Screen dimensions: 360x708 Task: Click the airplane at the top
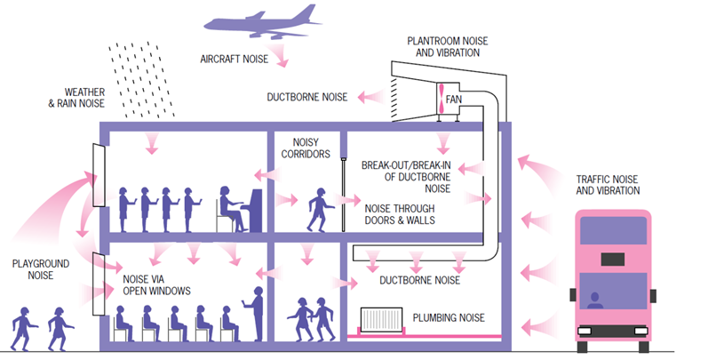click(x=266, y=24)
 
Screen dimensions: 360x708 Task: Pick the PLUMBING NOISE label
click(x=450, y=317)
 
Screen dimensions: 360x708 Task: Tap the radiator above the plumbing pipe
click(x=382, y=317)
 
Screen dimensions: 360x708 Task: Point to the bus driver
click(x=595, y=300)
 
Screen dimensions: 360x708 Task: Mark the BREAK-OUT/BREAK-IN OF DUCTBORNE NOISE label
click(x=406, y=177)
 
